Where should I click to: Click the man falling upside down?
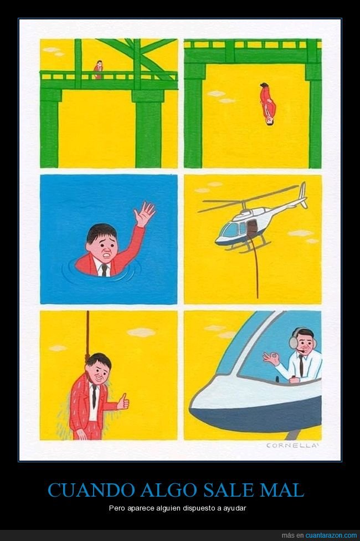click(268, 104)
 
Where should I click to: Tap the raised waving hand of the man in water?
click(144, 215)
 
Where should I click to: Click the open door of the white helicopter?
click(252, 228)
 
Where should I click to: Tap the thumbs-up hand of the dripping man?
click(123, 402)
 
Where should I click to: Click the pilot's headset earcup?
click(294, 342)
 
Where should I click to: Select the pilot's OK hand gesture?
click(271, 358)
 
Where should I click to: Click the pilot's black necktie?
click(301, 365)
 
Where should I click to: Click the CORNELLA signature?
click(291, 446)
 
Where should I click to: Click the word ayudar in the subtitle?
click(236, 508)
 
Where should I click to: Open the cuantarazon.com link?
click(331, 535)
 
